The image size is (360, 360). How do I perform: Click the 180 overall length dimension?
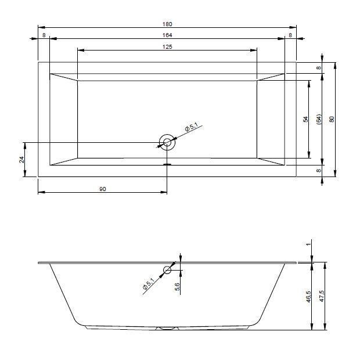(167, 24)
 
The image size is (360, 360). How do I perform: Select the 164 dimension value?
(167, 35)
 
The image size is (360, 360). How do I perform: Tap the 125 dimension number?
(167, 47)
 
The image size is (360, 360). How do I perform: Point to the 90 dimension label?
(103, 189)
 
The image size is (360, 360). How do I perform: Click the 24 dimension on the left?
(21, 159)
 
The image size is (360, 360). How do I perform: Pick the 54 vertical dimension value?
(305, 120)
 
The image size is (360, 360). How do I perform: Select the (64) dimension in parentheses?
(319, 120)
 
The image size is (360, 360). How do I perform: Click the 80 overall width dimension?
(332, 119)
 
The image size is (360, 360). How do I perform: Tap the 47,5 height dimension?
(322, 296)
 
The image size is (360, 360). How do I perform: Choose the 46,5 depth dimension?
(308, 296)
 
